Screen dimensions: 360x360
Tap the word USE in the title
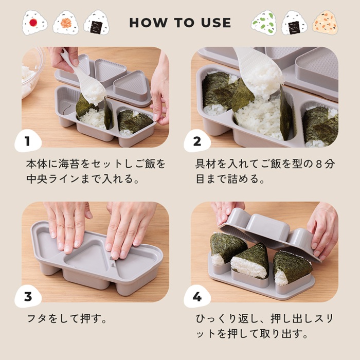click(215, 23)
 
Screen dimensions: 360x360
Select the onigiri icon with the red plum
click(34, 23)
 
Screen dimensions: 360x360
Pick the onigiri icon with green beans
click(264, 23)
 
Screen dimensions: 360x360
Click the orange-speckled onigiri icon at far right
click(325, 23)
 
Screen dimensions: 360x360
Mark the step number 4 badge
click(197, 297)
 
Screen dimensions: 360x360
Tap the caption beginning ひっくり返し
click(265, 326)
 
